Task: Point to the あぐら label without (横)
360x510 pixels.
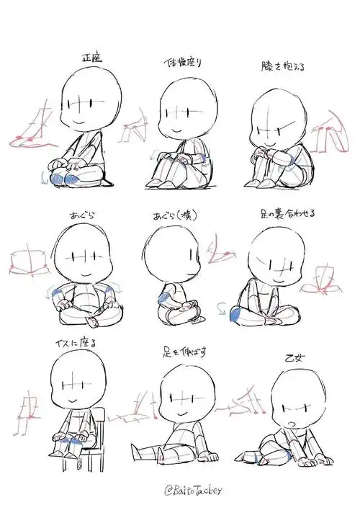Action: pyautogui.click(x=82, y=215)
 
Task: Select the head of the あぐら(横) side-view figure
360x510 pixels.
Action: pyautogui.click(x=167, y=259)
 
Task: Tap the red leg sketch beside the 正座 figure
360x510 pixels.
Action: pyautogui.click(x=32, y=130)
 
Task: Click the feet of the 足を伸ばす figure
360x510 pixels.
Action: pyautogui.click(x=210, y=456)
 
